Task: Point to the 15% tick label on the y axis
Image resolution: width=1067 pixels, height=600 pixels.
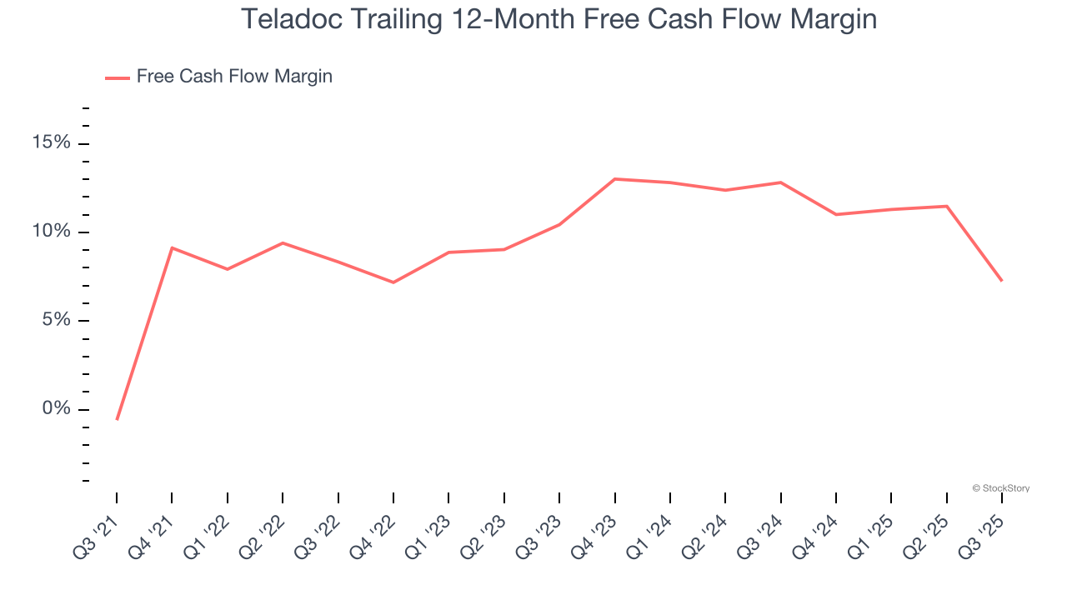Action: [52, 143]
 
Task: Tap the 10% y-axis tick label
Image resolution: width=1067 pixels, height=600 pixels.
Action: [52, 232]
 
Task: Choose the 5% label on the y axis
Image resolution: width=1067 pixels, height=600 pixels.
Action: [56, 321]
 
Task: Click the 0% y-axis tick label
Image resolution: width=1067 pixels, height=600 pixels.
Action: [56, 409]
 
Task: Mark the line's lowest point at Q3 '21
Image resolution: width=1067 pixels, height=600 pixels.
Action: [117, 419]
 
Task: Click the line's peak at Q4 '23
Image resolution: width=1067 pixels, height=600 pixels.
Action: [614, 179]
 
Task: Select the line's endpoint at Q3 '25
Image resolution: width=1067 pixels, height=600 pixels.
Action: [1002, 281]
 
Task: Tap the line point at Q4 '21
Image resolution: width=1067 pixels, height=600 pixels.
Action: [172, 247]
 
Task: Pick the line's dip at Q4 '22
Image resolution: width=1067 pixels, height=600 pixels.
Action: [393, 282]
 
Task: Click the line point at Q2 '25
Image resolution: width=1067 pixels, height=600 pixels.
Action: [947, 206]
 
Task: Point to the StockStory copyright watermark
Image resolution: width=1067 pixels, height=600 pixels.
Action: [1001, 488]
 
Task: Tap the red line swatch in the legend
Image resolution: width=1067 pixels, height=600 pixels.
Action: [117, 77]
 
